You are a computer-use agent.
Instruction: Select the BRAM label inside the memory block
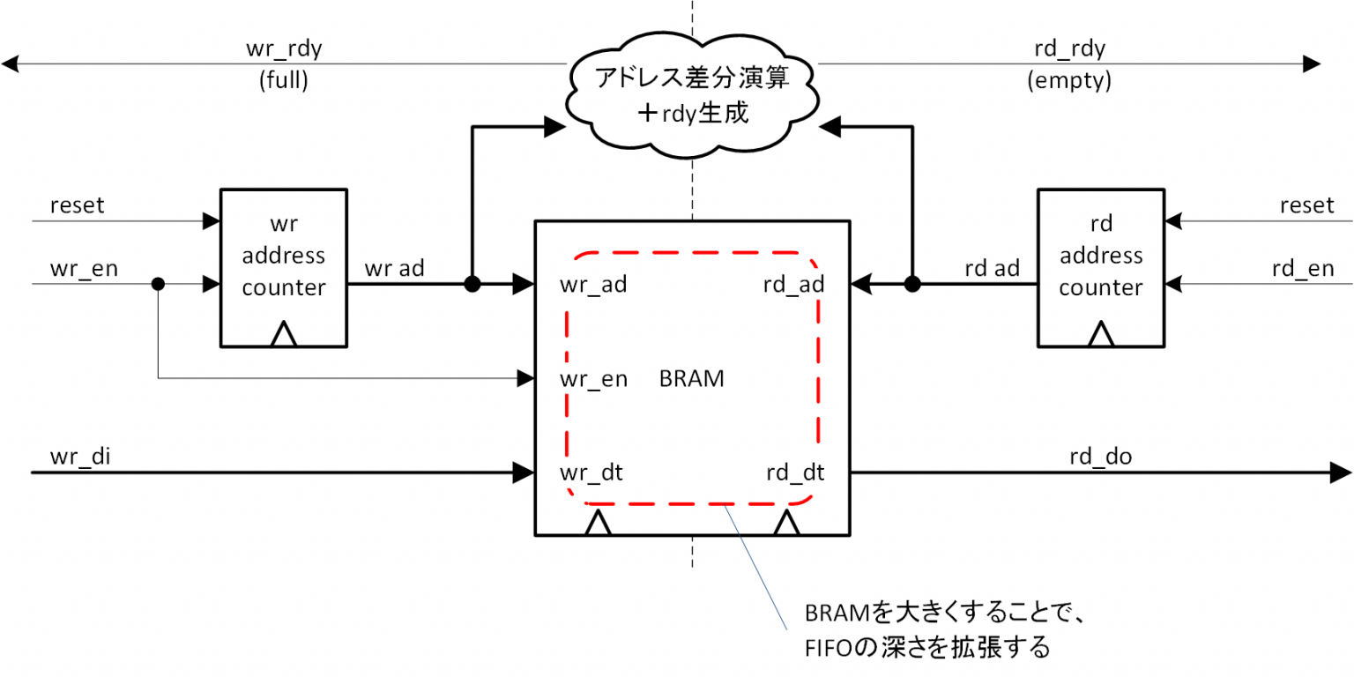click(691, 379)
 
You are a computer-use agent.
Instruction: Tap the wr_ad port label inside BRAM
click(593, 285)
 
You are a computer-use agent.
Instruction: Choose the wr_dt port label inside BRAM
click(591, 472)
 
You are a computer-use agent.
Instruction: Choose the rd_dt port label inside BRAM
click(793, 472)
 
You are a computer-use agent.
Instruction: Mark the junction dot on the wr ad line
click(472, 284)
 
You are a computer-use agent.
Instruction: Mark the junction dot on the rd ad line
click(912, 284)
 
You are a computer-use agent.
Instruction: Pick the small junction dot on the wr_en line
click(159, 284)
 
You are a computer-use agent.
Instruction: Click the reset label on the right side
click(1306, 205)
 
